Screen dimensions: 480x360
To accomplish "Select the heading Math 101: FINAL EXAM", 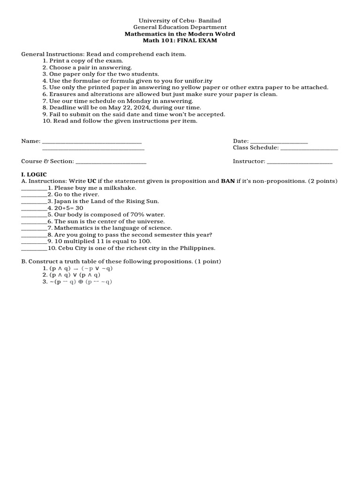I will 180,41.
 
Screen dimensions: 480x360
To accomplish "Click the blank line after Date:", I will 279,141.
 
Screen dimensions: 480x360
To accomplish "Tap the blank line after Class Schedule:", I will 308,148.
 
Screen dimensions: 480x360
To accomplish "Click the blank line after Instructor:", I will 300,161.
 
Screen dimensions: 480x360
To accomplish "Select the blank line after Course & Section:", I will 111,161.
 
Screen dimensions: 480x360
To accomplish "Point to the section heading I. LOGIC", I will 34,174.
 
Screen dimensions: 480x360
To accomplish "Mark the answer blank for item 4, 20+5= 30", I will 34,208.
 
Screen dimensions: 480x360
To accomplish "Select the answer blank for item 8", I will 34,235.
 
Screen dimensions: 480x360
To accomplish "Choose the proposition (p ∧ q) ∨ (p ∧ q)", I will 75,275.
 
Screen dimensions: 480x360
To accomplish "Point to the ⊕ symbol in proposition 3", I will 81,282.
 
